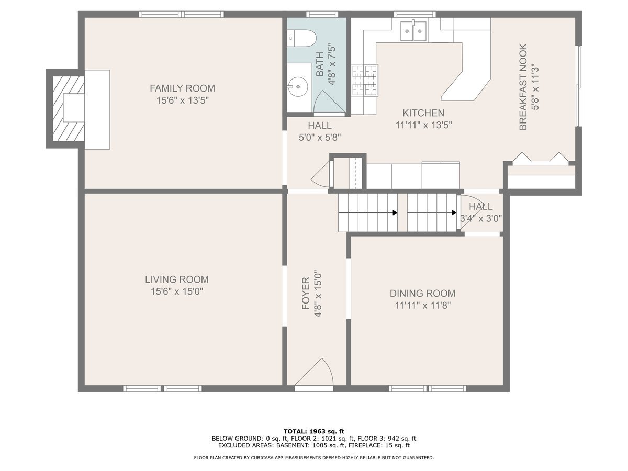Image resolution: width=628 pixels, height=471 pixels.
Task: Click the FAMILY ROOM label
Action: pyautogui.click(x=182, y=88)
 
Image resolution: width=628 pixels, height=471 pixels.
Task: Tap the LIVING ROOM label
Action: pyautogui.click(x=177, y=279)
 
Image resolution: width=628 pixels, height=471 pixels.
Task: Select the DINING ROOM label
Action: pyautogui.click(x=422, y=294)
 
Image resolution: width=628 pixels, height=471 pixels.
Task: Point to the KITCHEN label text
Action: pyautogui.click(x=423, y=113)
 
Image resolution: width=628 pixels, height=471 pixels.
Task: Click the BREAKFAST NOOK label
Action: pyautogui.click(x=523, y=87)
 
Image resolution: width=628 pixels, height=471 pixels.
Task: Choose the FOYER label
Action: pyautogui.click(x=306, y=294)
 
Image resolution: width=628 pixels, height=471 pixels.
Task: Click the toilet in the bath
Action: pyautogui.click(x=301, y=38)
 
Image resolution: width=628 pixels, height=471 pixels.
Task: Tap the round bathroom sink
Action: pyautogui.click(x=298, y=86)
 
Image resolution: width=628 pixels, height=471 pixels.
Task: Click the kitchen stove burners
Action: pyautogui.click(x=364, y=81)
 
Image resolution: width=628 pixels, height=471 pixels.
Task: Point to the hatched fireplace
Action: pyautogui.click(x=69, y=109)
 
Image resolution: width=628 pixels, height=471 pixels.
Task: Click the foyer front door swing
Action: pyautogui.click(x=314, y=372)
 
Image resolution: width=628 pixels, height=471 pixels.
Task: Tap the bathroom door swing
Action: pyautogui.click(x=329, y=102)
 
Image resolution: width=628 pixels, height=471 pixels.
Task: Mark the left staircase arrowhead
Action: pyautogui.click(x=395, y=213)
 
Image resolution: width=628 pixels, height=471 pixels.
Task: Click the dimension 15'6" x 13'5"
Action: pyautogui.click(x=182, y=100)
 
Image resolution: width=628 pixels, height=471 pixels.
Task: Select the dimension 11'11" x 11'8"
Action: pyautogui.click(x=423, y=306)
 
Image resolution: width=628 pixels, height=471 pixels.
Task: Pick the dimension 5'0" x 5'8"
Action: pyautogui.click(x=320, y=138)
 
